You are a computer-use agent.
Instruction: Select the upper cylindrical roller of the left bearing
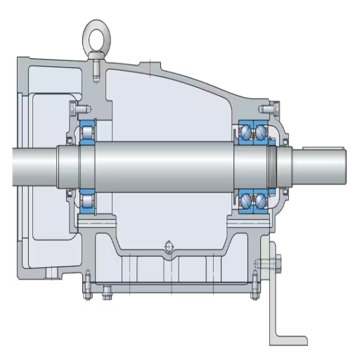(89, 130)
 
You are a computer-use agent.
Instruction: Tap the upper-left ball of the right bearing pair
(246, 131)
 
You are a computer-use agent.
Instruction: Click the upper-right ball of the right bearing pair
(261, 131)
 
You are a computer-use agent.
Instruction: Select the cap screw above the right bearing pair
(266, 109)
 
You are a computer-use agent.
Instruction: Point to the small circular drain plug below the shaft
(168, 245)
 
